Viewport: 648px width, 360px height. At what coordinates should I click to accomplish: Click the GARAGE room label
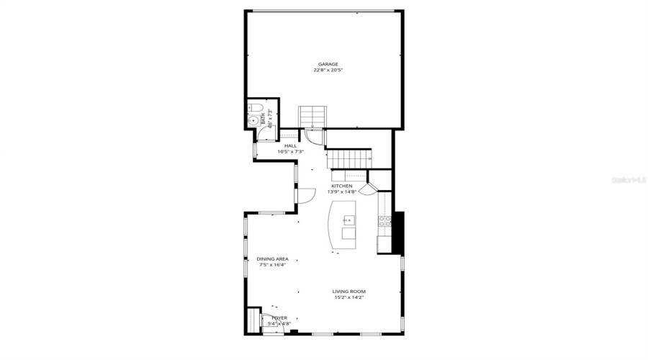(x=328, y=64)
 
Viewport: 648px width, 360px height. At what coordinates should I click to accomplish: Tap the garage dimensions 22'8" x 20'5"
(x=328, y=71)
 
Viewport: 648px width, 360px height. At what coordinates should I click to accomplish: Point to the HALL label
(x=290, y=145)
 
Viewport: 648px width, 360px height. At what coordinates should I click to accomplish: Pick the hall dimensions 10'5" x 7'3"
(x=290, y=151)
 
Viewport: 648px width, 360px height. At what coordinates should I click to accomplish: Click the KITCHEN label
(x=342, y=186)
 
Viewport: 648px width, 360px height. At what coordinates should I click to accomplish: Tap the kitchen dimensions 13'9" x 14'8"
(x=342, y=192)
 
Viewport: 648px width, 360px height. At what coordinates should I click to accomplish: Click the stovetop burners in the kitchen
(x=386, y=222)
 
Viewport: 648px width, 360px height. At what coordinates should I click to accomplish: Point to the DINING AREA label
(x=272, y=258)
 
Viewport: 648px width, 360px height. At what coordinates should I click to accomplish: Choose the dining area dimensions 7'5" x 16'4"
(x=272, y=265)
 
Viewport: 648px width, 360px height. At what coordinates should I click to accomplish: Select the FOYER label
(x=279, y=318)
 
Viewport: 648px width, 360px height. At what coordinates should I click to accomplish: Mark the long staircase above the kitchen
(x=351, y=157)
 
